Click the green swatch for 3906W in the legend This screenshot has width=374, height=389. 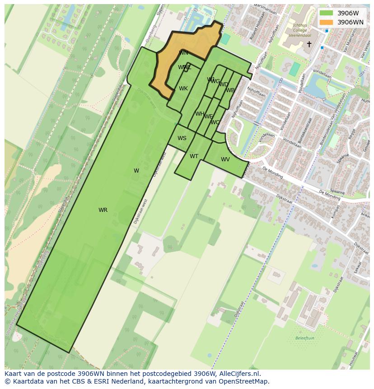point(326,13)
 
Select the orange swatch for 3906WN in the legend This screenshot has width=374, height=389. point(326,22)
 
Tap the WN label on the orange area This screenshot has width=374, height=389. point(183,53)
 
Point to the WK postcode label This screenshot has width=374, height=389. point(183,89)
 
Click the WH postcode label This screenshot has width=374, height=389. point(200,114)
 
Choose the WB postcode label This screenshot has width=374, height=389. point(230,90)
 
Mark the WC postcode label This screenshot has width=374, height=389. point(215,122)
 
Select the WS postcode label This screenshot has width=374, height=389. point(182,138)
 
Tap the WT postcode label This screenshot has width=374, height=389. point(194,156)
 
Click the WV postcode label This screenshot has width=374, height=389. point(225,159)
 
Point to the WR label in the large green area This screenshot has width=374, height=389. point(103,210)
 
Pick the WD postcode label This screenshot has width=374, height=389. point(224,84)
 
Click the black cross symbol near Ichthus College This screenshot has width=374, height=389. point(309,44)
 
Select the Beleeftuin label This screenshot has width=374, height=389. point(304,338)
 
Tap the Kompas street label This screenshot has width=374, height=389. point(335,212)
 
